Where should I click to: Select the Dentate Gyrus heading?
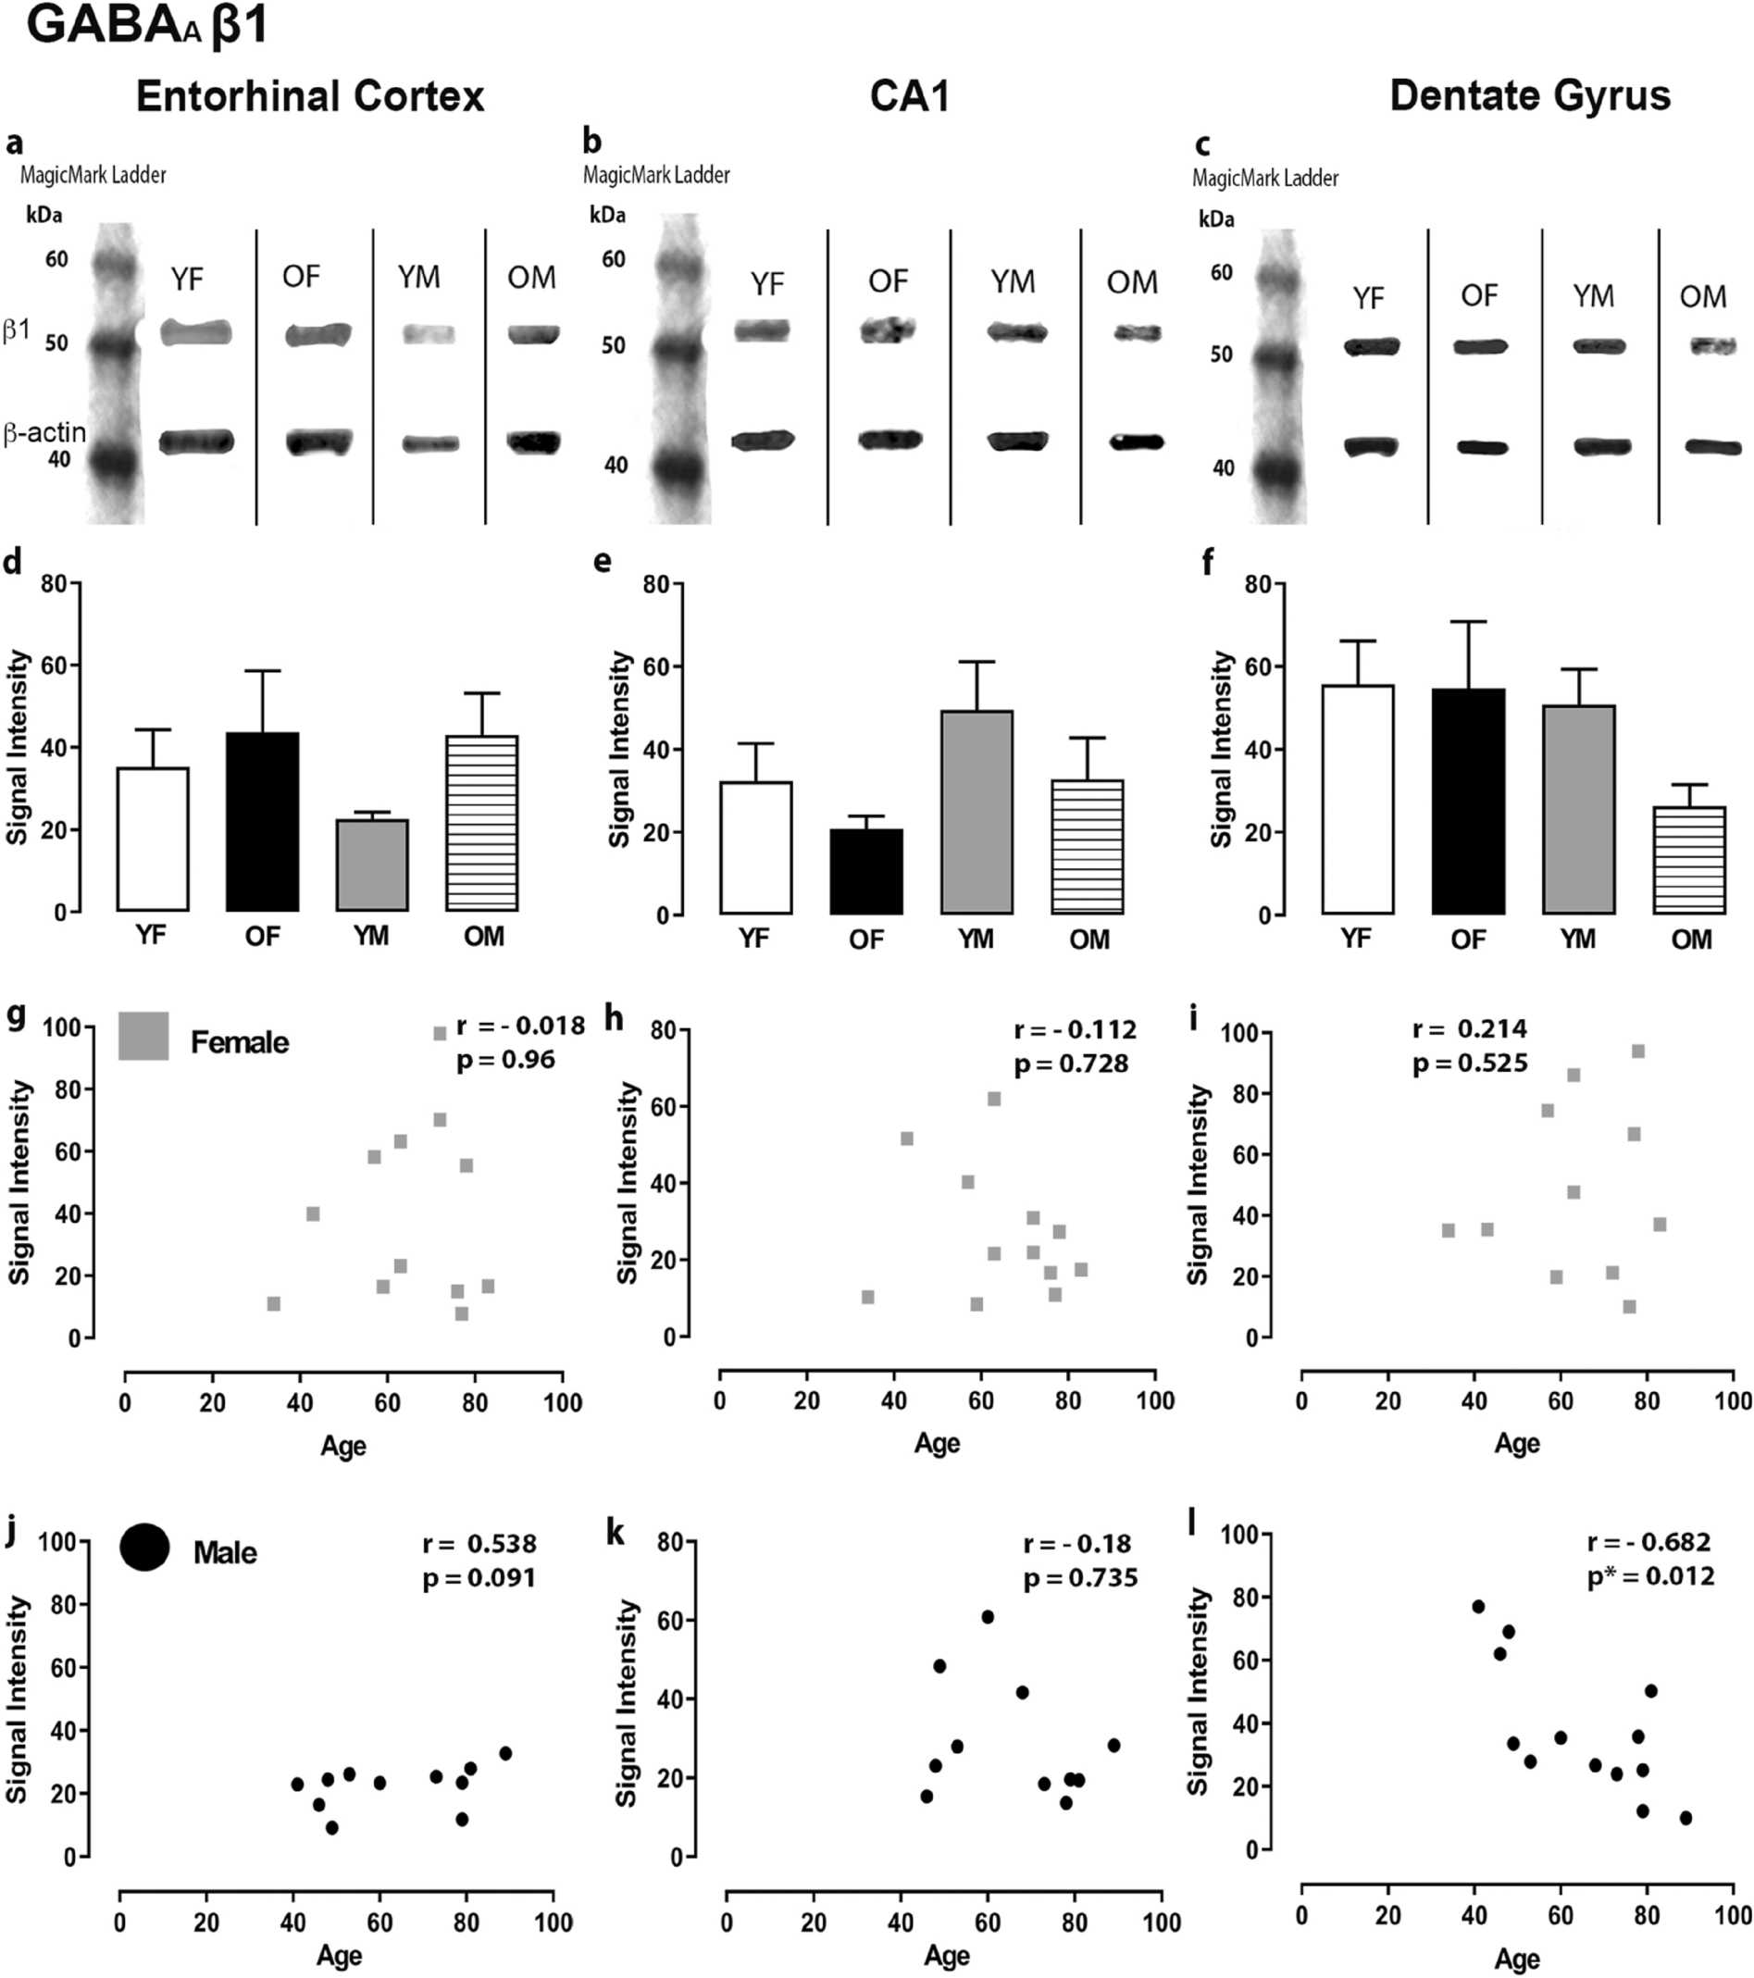tap(1530, 97)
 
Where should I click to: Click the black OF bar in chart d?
tap(262, 822)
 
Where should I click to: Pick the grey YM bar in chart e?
tap(977, 812)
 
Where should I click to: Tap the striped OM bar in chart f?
tap(1689, 860)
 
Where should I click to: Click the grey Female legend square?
tap(143, 1037)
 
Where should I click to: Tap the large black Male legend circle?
tap(144, 1547)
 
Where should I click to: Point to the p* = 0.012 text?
tap(1650, 1576)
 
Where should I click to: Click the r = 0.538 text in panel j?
tap(479, 1544)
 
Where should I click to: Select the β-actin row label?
tap(44, 432)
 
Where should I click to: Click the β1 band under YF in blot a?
tap(196, 333)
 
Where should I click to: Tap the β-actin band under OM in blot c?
tap(1712, 446)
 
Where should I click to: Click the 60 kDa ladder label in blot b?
tap(614, 259)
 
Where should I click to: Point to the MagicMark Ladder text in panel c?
tap(1264, 178)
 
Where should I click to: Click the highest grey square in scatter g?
tap(440, 1034)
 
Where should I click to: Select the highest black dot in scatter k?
tap(988, 1617)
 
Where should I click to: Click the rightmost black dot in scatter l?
tap(1686, 1818)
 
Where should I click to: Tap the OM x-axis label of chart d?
tap(483, 937)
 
